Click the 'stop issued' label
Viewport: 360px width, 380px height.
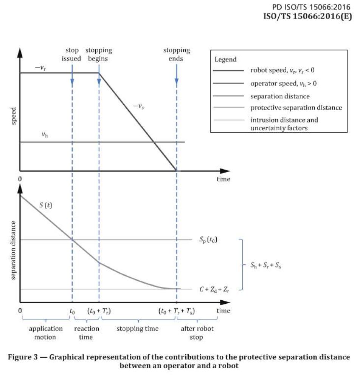pyautogui.click(x=72, y=54)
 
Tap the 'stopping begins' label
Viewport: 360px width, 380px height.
pyautogui.click(x=99, y=54)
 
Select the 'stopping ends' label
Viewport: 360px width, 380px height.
pyautogui.click(x=177, y=54)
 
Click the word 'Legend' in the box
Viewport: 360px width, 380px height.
pyautogui.click(x=225, y=59)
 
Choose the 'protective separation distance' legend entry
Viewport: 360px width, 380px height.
pyautogui.click(x=296, y=108)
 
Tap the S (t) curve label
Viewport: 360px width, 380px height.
pyautogui.click(x=47, y=206)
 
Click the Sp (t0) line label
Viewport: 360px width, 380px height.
pyautogui.click(x=208, y=239)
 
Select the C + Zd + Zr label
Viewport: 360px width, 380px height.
pyautogui.click(x=214, y=290)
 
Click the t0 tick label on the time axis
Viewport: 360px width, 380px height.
pyautogui.click(x=72, y=311)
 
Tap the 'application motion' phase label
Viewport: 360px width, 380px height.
pyautogui.click(x=42, y=333)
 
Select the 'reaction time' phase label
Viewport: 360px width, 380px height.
pyautogui.click(x=86, y=333)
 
